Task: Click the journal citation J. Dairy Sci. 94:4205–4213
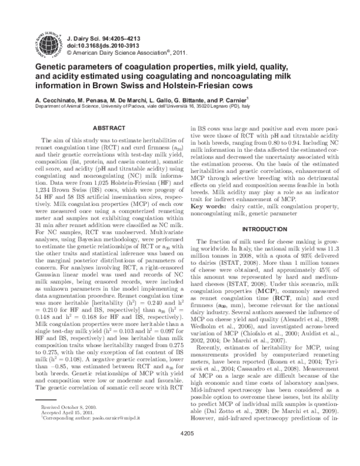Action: pos(104,36)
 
